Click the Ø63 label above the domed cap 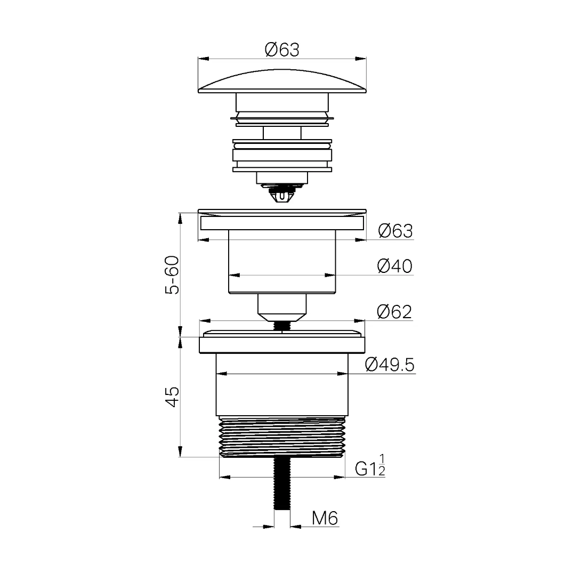pyautogui.click(x=282, y=50)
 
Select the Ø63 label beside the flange pyautogui.click(x=395, y=231)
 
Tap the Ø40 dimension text pyautogui.click(x=394, y=266)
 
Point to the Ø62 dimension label pyautogui.click(x=394, y=312)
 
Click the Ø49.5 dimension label pyautogui.click(x=390, y=365)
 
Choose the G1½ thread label pyautogui.click(x=370, y=465)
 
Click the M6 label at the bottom pyautogui.click(x=325, y=518)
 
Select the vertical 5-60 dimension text pyautogui.click(x=172, y=275)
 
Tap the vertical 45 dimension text pyautogui.click(x=172, y=397)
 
